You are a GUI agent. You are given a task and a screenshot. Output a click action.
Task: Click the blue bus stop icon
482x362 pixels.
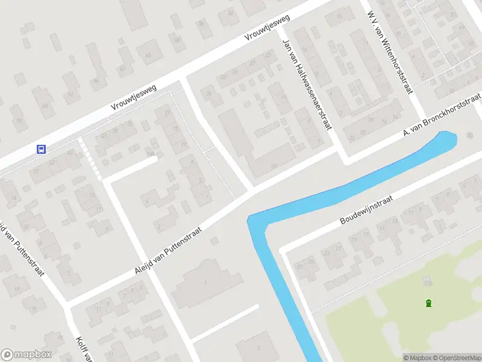coord(42,149)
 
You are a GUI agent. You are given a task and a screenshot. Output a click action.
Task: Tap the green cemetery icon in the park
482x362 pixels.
coord(428,303)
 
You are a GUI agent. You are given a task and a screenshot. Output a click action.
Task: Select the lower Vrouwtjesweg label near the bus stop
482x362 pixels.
coord(134,97)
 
